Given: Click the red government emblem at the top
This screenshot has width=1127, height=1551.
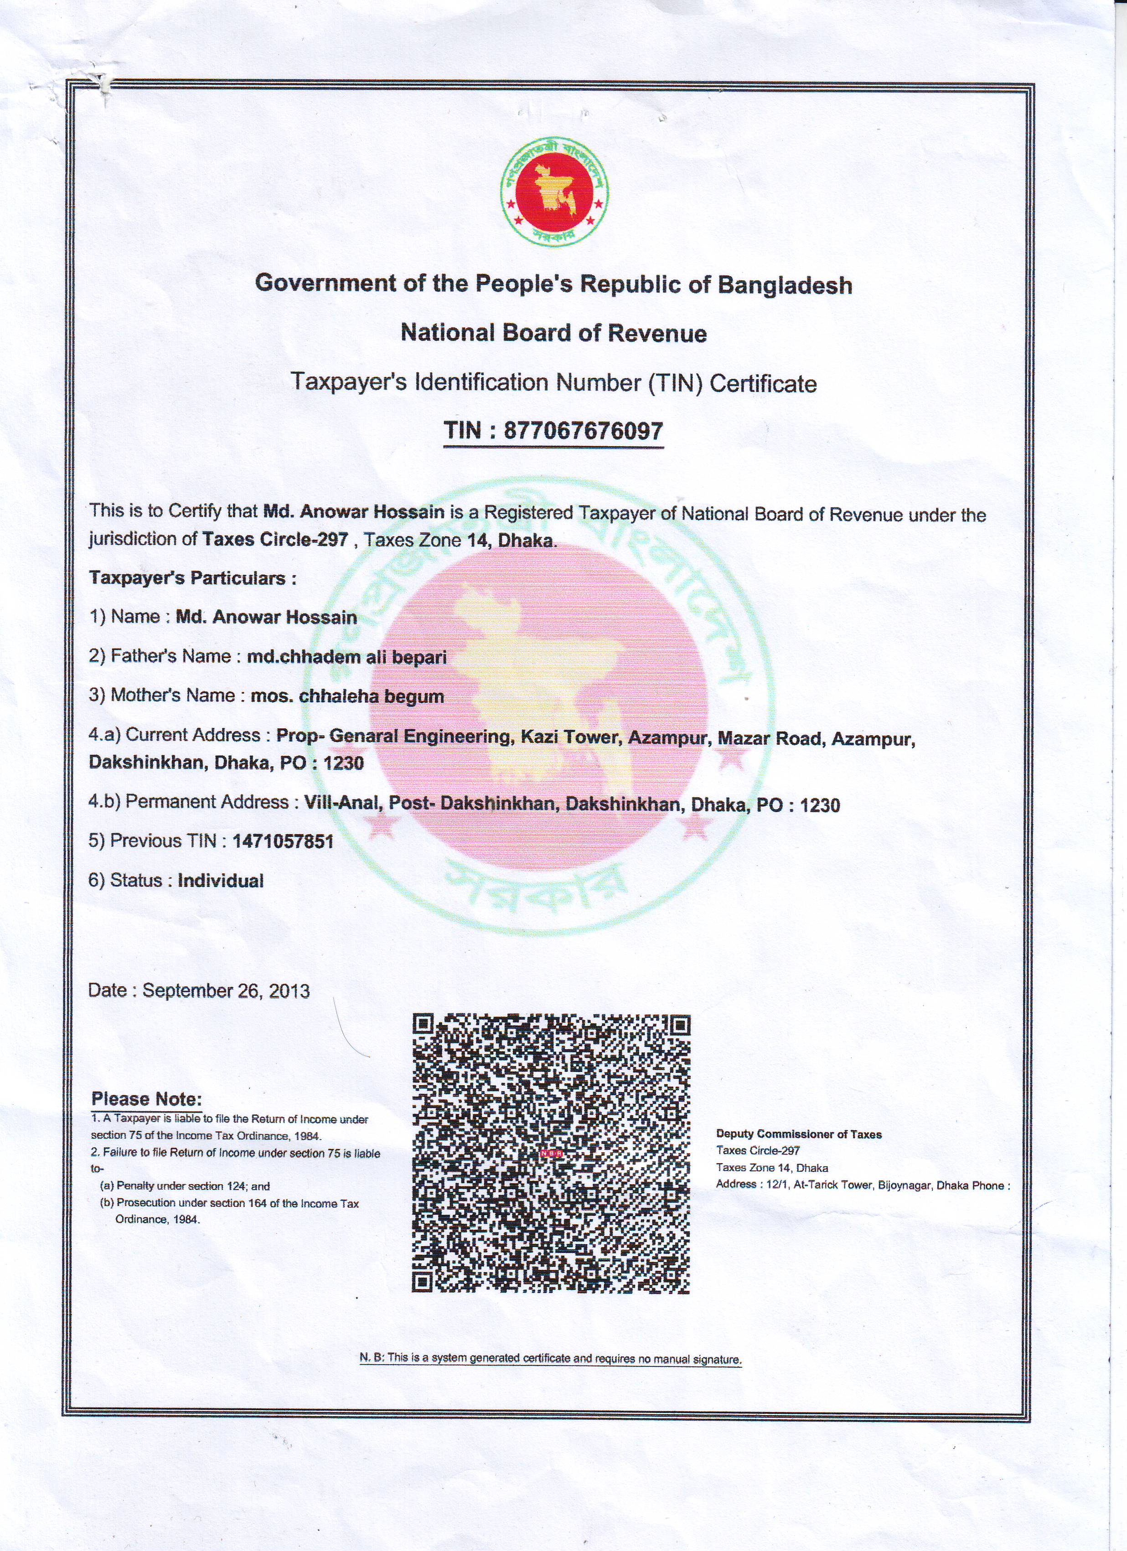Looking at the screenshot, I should pyautogui.click(x=554, y=191).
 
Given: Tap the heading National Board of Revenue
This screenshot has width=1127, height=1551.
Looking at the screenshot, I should pyautogui.click(x=553, y=333).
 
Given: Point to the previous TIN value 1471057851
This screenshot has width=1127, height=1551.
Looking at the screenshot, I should pyautogui.click(x=283, y=841).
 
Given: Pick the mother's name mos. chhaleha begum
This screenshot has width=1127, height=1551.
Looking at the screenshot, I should pyautogui.click(x=347, y=696).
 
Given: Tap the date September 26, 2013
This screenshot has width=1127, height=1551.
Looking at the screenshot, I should pyautogui.click(x=226, y=991).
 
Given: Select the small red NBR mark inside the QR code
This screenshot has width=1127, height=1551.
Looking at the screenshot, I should pyautogui.click(x=551, y=1154).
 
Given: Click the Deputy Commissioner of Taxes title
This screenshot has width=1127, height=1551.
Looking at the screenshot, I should pyautogui.click(x=799, y=1134).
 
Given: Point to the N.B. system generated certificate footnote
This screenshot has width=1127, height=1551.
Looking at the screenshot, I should pyautogui.click(x=551, y=1358).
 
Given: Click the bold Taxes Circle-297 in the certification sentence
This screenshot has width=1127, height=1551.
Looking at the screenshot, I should pyautogui.click(x=275, y=540).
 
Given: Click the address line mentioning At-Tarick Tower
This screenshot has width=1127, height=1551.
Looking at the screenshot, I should pyautogui.click(x=862, y=1185).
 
